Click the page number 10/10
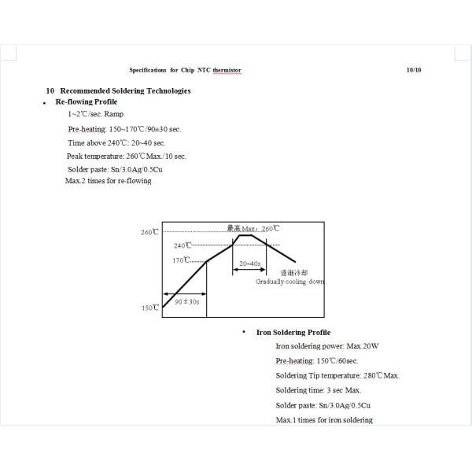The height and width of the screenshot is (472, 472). point(414,70)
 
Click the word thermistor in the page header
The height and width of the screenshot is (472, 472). point(225,70)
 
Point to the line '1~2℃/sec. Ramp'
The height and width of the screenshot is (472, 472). point(95,115)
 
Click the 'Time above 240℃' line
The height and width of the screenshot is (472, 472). point(116,142)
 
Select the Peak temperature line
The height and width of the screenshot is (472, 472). point(126,156)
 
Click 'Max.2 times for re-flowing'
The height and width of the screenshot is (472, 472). point(109,181)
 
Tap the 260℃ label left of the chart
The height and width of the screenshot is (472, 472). point(149,233)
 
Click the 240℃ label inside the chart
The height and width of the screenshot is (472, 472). point(183,246)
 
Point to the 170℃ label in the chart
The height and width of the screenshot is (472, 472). point(181,260)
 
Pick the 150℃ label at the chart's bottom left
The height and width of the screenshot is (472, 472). point(150,308)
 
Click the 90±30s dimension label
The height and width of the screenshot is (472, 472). point(186,301)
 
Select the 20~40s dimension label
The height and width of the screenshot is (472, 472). point(250,264)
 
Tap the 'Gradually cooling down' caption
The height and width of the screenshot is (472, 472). point(289,282)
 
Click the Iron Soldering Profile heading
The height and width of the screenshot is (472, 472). point(293,332)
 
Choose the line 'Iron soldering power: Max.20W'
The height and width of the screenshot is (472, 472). point(327,346)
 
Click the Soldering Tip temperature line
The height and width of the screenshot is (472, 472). point(337,375)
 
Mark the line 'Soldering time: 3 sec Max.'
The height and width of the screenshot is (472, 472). point(319,390)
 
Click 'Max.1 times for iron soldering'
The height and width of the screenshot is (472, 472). point(324,420)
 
